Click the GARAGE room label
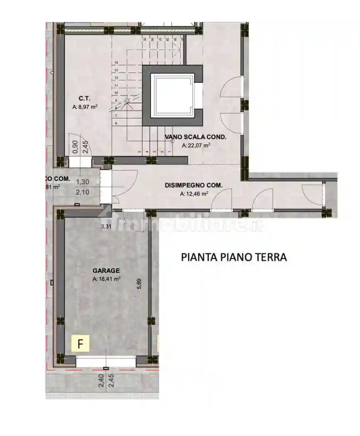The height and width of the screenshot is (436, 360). (x=106, y=270)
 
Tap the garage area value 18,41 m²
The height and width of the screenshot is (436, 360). (x=107, y=279)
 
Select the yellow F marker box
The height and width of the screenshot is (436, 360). (x=81, y=343)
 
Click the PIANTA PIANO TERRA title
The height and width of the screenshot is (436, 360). (x=234, y=257)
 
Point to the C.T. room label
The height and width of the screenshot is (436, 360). (x=84, y=98)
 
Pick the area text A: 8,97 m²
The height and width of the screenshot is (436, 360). (x=84, y=107)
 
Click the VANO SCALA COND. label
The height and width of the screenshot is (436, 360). (x=195, y=137)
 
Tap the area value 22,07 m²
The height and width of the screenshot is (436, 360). (x=196, y=145)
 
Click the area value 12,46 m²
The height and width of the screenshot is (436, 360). (x=194, y=194)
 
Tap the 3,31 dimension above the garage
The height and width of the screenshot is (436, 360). (x=107, y=226)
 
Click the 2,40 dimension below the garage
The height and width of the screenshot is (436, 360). (x=101, y=380)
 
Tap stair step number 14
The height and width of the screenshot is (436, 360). (x=117, y=63)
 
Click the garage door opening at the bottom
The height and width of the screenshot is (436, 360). (x=106, y=361)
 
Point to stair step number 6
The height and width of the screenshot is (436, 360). (x=116, y=123)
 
